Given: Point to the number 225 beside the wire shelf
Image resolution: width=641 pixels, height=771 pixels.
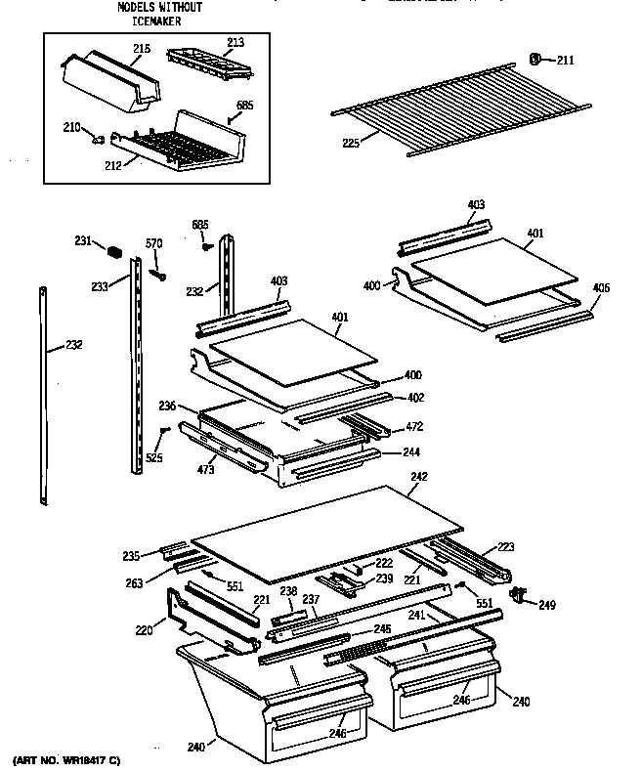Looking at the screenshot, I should pos(352,143).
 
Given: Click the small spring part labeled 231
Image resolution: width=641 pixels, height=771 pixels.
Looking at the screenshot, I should pos(114,253).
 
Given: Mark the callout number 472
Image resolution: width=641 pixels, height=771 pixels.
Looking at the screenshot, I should pos(414,427).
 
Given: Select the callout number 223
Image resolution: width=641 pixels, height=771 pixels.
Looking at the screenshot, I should pos(505,546).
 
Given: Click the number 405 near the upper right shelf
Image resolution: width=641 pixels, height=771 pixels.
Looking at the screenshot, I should pos(602,287).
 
